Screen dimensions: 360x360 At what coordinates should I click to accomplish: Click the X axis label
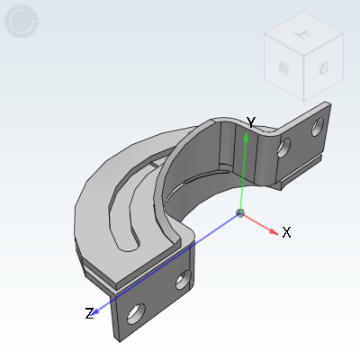point(286,232)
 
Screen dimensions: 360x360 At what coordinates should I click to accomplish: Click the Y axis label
point(252,123)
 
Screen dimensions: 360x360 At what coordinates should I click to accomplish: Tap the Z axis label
point(89,313)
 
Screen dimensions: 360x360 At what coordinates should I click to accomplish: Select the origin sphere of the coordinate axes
point(240,213)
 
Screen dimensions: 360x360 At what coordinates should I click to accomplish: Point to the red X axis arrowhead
point(273,229)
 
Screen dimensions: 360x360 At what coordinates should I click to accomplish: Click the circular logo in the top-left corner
point(22,22)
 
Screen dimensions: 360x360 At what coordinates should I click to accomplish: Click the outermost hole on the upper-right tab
point(317,127)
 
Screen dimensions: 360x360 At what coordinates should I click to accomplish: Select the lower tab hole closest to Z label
point(136,313)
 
